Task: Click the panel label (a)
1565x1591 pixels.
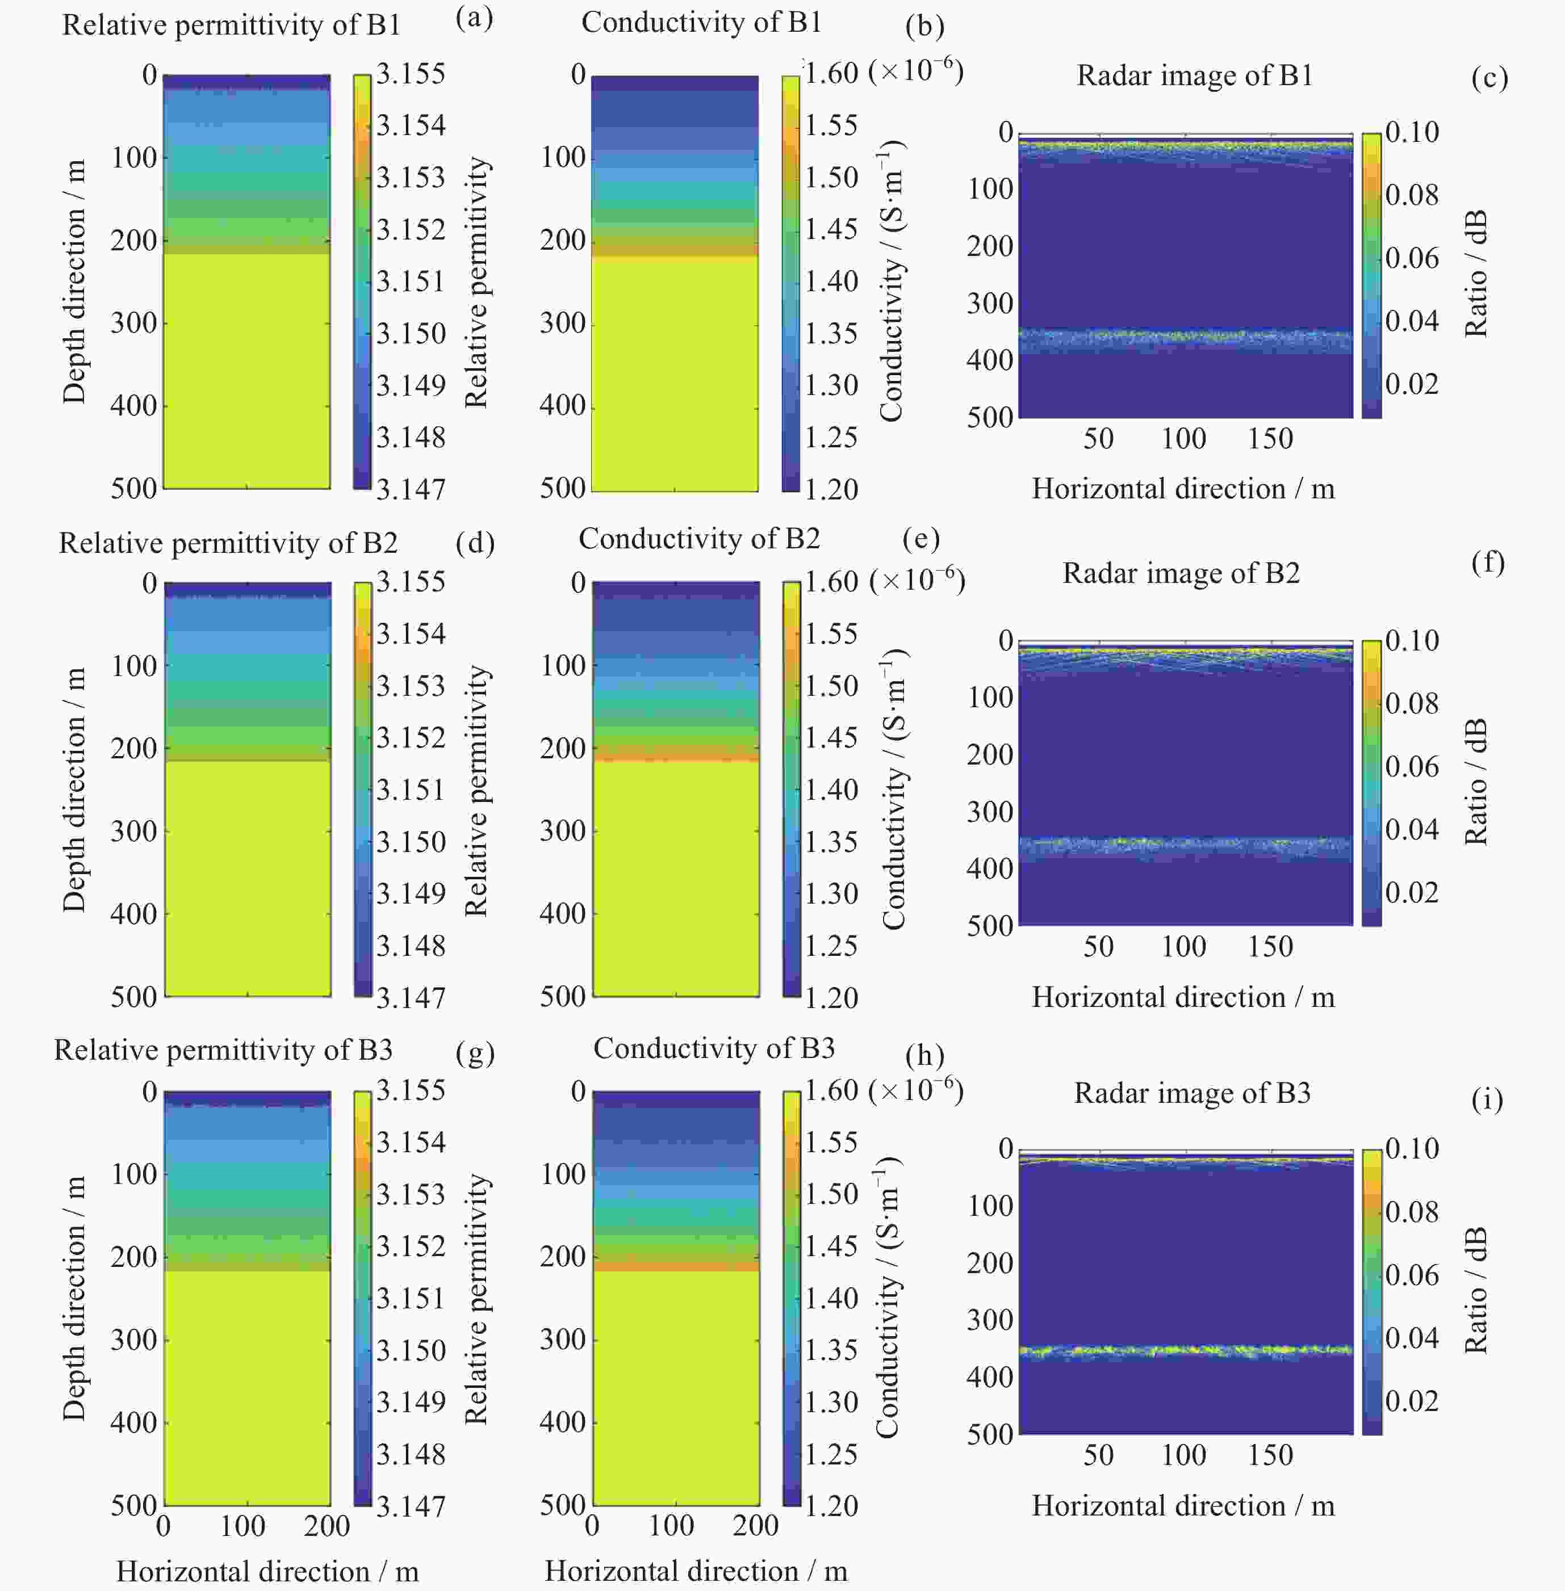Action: [x=474, y=18]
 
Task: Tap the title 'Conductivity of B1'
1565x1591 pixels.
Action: [x=701, y=22]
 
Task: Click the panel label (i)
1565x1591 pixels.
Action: [x=1487, y=1099]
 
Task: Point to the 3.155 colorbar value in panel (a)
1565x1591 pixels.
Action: [x=410, y=73]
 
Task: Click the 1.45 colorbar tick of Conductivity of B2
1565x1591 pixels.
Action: [x=830, y=738]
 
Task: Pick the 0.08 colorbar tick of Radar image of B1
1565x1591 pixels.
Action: [x=1411, y=195]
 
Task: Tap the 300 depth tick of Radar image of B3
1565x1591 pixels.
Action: [x=990, y=1320]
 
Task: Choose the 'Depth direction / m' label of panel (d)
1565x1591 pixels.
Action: [x=74, y=790]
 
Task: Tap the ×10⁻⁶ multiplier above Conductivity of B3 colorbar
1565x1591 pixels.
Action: [x=915, y=1089]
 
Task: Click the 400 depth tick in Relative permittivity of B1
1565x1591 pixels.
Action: [x=133, y=405]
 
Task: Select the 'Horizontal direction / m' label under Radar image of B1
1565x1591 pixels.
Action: [x=1183, y=489]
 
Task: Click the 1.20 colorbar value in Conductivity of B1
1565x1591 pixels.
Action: [x=830, y=489]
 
